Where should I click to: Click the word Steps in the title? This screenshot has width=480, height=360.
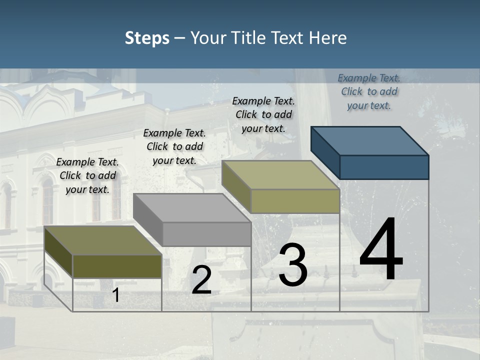click(x=147, y=38)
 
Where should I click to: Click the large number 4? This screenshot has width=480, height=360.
click(x=381, y=249)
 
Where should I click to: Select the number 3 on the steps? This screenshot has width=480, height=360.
click(x=292, y=265)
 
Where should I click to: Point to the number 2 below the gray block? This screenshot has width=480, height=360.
click(x=201, y=280)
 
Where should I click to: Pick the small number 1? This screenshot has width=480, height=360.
click(x=116, y=295)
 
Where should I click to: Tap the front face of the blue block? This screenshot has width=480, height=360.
click(x=384, y=167)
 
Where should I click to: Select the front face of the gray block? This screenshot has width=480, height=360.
click(x=206, y=234)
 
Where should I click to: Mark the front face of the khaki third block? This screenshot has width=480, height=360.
click(x=295, y=201)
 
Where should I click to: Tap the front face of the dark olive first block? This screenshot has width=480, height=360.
click(x=117, y=266)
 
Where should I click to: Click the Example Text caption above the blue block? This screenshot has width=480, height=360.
click(x=369, y=91)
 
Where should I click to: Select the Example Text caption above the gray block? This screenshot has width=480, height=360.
click(x=174, y=146)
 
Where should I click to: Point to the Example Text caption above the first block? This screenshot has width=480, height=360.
click(x=87, y=175)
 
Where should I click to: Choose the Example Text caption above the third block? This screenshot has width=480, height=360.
click(x=263, y=114)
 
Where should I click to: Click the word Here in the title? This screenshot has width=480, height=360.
click(x=328, y=38)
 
